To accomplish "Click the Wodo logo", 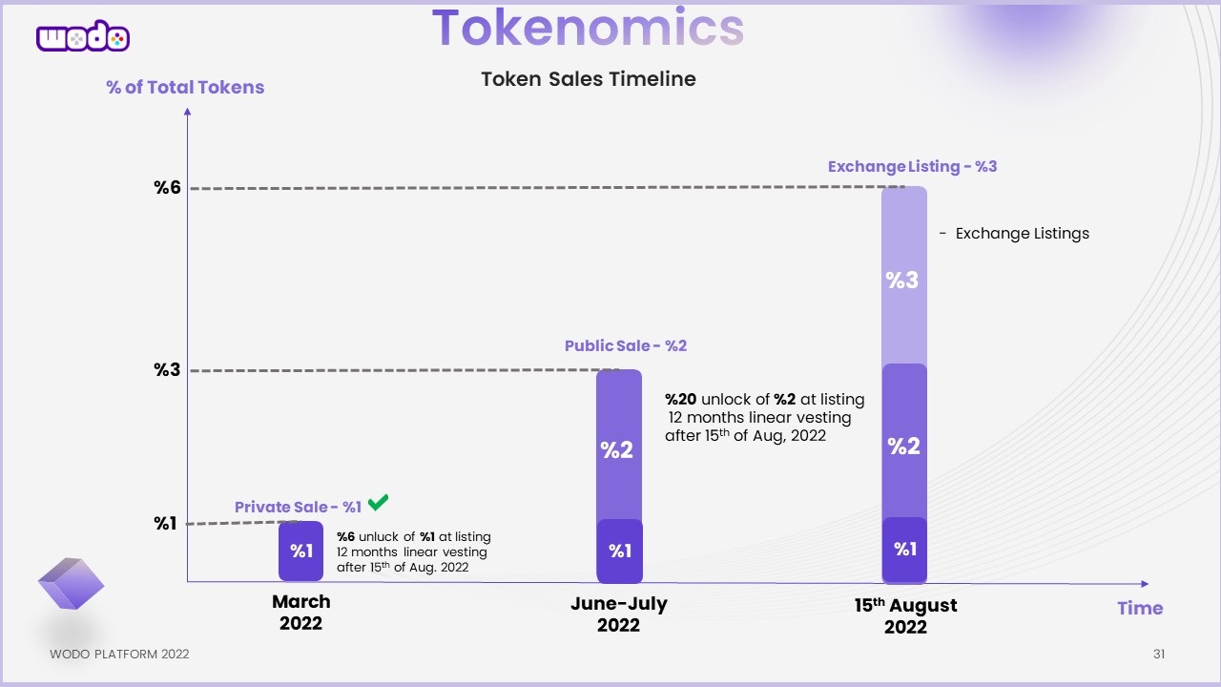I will click(x=83, y=37).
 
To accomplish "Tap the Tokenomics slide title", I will click(x=588, y=28).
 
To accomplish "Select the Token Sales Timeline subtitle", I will click(x=589, y=79).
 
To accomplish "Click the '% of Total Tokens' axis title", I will click(x=185, y=88).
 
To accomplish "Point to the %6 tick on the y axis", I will click(x=168, y=188).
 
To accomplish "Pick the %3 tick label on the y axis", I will click(x=168, y=370).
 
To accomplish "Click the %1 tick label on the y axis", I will click(x=167, y=523).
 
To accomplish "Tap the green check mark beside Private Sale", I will click(x=378, y=502).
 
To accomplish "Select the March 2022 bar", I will click(x=301, y=551).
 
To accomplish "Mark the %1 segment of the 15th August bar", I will click(x=904, y=550).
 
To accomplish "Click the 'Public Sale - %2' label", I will click(x=626, y=346).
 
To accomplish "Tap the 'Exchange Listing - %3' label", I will click(x=912, y=167).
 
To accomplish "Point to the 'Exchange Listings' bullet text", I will click(x=1022, y=234).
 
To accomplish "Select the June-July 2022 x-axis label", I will click(x=618, y=614).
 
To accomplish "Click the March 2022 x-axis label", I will click(x=301, y=613).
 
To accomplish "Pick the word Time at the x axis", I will click(x=1140, y=608).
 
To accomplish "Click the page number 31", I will click(x=1159, y=655).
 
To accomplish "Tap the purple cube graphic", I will click(x=71, y=584).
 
